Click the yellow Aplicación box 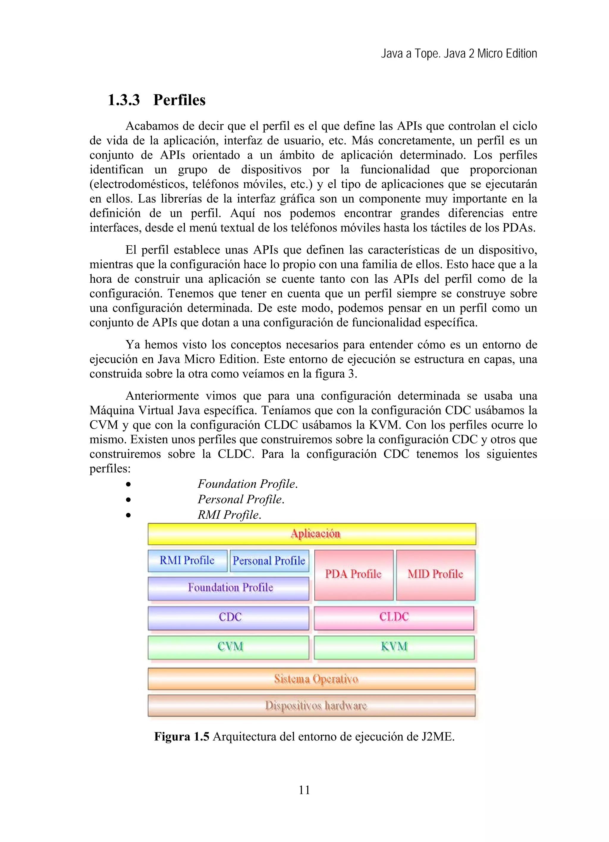click(x=312, y=534)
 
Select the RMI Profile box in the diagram click(x=187, y=561)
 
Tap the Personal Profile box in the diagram click(x=269, y=561)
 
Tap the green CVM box click(x=229, y=647)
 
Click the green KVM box click(x=394, y=647)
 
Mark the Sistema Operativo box click(x=312, y=679)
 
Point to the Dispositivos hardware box click(x=312, y=706)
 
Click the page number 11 click(x=304, y=790)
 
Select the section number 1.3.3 click(x=124, y=100)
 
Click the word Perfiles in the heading click(x=179, y=100)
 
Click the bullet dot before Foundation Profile click(x=128, y=484)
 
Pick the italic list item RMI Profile click(x=229, y=515)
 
